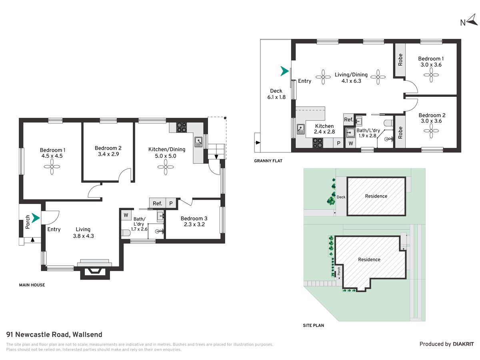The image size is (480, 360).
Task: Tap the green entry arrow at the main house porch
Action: pos(36,218)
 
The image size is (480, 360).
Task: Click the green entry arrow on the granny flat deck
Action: pos(284,71)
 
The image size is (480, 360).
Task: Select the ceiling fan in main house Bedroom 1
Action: pos(52,167)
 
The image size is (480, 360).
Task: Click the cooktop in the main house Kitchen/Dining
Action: pos(182,127)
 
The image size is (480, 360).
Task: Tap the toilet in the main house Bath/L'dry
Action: pos(126,233)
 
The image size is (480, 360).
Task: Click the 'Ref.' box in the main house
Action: pos(158,203)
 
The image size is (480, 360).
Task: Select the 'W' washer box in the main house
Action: pos(126,215)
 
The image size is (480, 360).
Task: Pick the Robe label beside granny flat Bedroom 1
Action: pos(400,60)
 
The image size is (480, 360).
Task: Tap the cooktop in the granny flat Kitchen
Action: pos(318,143)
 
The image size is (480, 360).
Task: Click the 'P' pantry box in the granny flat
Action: pos(338,143)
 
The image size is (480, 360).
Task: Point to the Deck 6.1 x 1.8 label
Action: pos(276,94)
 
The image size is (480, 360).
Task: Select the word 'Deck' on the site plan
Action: pos(341,197)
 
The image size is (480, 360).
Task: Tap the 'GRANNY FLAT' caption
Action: pos(268,161)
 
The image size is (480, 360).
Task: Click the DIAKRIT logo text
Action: pos(463,344)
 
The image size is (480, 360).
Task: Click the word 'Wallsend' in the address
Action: pos(87,335)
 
